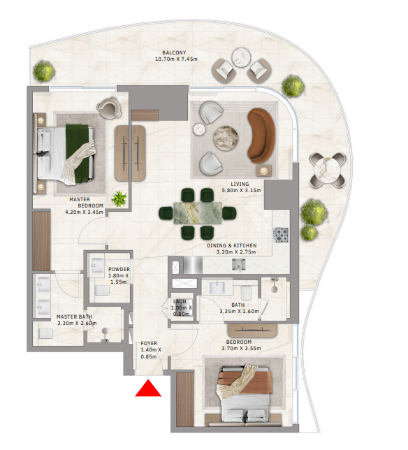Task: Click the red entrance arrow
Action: (x=148, y=389)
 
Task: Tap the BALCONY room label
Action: (x=174, y=52)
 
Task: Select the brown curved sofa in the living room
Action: (x=261, y=136)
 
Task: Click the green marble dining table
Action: (x=198, y=213)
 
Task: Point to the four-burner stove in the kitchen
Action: (x=281, y=235)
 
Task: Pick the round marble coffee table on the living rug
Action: (x=226, y=138)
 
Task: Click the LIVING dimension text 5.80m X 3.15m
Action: (x=241, y=190)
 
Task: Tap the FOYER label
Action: (x=149, y=343)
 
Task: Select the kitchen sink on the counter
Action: (x=238, y=264)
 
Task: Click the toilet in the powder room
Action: (x=102, y=291)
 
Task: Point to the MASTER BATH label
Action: (x=74, y=317)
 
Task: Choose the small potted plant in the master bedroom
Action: (x=119, y=198)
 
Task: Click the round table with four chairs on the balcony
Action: (x=328, y=170)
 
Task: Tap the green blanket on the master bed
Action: (x=77, y=154)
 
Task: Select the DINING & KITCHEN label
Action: (x=232, y=245)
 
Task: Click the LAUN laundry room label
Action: (x=180, y=301)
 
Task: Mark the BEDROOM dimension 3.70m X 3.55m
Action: (x=241, y=349)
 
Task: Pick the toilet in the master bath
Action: (x=45, y=333)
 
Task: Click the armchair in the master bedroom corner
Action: (x=109, y=108)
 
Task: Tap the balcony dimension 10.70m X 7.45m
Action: (x=176, y=59)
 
